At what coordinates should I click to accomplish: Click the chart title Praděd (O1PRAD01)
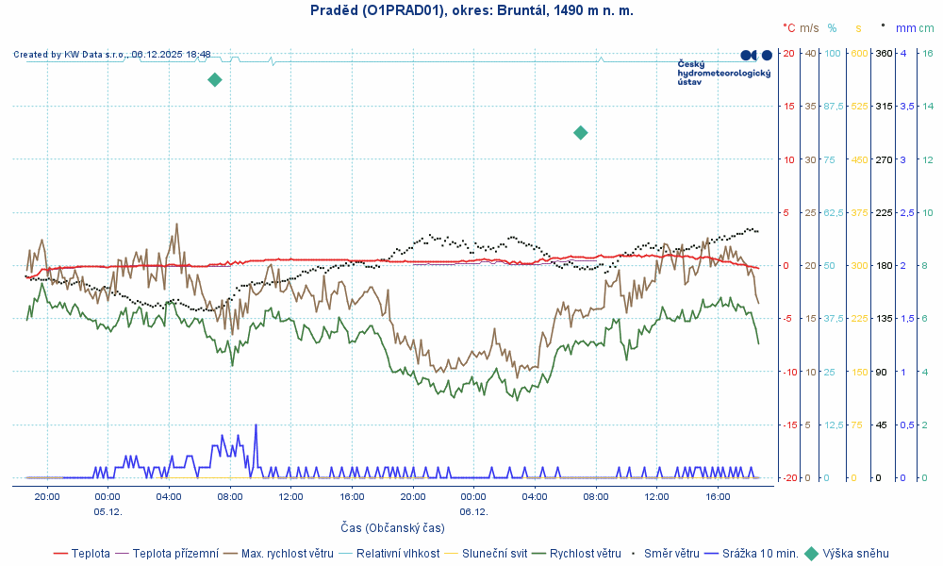pos(471,10)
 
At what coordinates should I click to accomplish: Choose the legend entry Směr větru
pos(670,554)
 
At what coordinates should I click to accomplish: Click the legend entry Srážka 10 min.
pos(760,554)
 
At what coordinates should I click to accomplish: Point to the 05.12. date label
pos(108,511)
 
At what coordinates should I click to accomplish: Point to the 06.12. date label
pos(473,511)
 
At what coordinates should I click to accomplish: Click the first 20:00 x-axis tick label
pos(46,496)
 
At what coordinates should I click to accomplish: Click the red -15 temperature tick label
pos(787,424)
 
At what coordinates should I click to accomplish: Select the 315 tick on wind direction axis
pos(885,106)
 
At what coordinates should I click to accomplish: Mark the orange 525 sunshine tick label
pos(859,106)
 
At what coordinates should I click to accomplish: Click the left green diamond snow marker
pos(215,79)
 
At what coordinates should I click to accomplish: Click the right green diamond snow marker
pos(581,133)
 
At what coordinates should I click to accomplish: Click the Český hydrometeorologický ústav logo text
pos(711,73)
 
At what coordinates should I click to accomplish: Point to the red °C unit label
pos(789,28)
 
